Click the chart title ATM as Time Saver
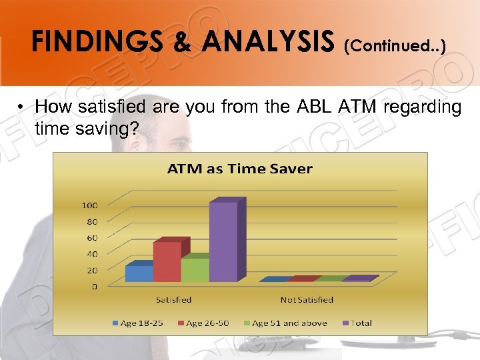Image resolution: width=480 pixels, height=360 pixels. click(x=239, y=169)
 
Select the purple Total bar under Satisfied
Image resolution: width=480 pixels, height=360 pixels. click(x=223, y=241)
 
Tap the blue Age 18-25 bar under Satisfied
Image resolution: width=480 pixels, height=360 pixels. click(x=139, y=273)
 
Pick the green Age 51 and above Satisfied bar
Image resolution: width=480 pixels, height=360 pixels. click(x=195, y=269)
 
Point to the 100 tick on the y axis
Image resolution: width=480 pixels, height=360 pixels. click(x=89, y=205)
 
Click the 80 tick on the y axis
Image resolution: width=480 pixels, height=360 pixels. click(x=91, y=221)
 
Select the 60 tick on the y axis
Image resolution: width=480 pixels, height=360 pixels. click(x=91, y=237)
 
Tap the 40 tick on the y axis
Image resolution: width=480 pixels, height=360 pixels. click(x=91, y=254)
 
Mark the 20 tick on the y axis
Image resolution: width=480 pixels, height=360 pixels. click(x=91, y=270)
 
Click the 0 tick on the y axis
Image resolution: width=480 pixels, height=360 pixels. click(x=94, y=287)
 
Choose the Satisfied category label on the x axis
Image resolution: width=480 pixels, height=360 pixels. click(x=174, y=300)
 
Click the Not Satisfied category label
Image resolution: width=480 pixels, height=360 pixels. click(x=307, y=300)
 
